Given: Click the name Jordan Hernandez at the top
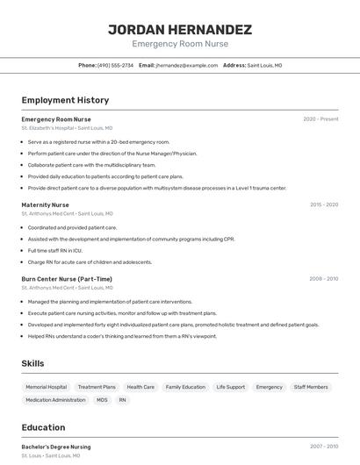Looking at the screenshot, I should [180, 30].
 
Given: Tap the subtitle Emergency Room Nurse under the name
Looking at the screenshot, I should [180, 44].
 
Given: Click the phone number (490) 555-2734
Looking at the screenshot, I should [116, 65].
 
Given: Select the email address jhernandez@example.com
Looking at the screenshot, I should [187, 65].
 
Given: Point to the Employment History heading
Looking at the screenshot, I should [65, 100].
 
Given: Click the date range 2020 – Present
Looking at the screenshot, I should [320, 118].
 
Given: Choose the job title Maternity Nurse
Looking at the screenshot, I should [46, 204].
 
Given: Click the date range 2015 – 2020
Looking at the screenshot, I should [323, 204].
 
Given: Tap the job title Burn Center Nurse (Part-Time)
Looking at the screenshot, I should [67, 279].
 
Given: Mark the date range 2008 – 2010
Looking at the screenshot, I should [323, 279].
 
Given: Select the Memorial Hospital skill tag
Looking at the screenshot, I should [47, 387].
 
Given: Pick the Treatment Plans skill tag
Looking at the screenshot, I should [97, 387].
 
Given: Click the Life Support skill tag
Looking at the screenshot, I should [231, 387].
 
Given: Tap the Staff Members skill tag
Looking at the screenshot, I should [311, 387].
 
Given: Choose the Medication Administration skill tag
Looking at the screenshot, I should [56, 400].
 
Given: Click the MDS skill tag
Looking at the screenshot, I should [102, 400].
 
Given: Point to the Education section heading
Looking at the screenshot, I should [43, 427].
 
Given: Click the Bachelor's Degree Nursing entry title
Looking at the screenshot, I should [56, 447].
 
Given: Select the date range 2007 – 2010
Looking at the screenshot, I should [323, 447].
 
